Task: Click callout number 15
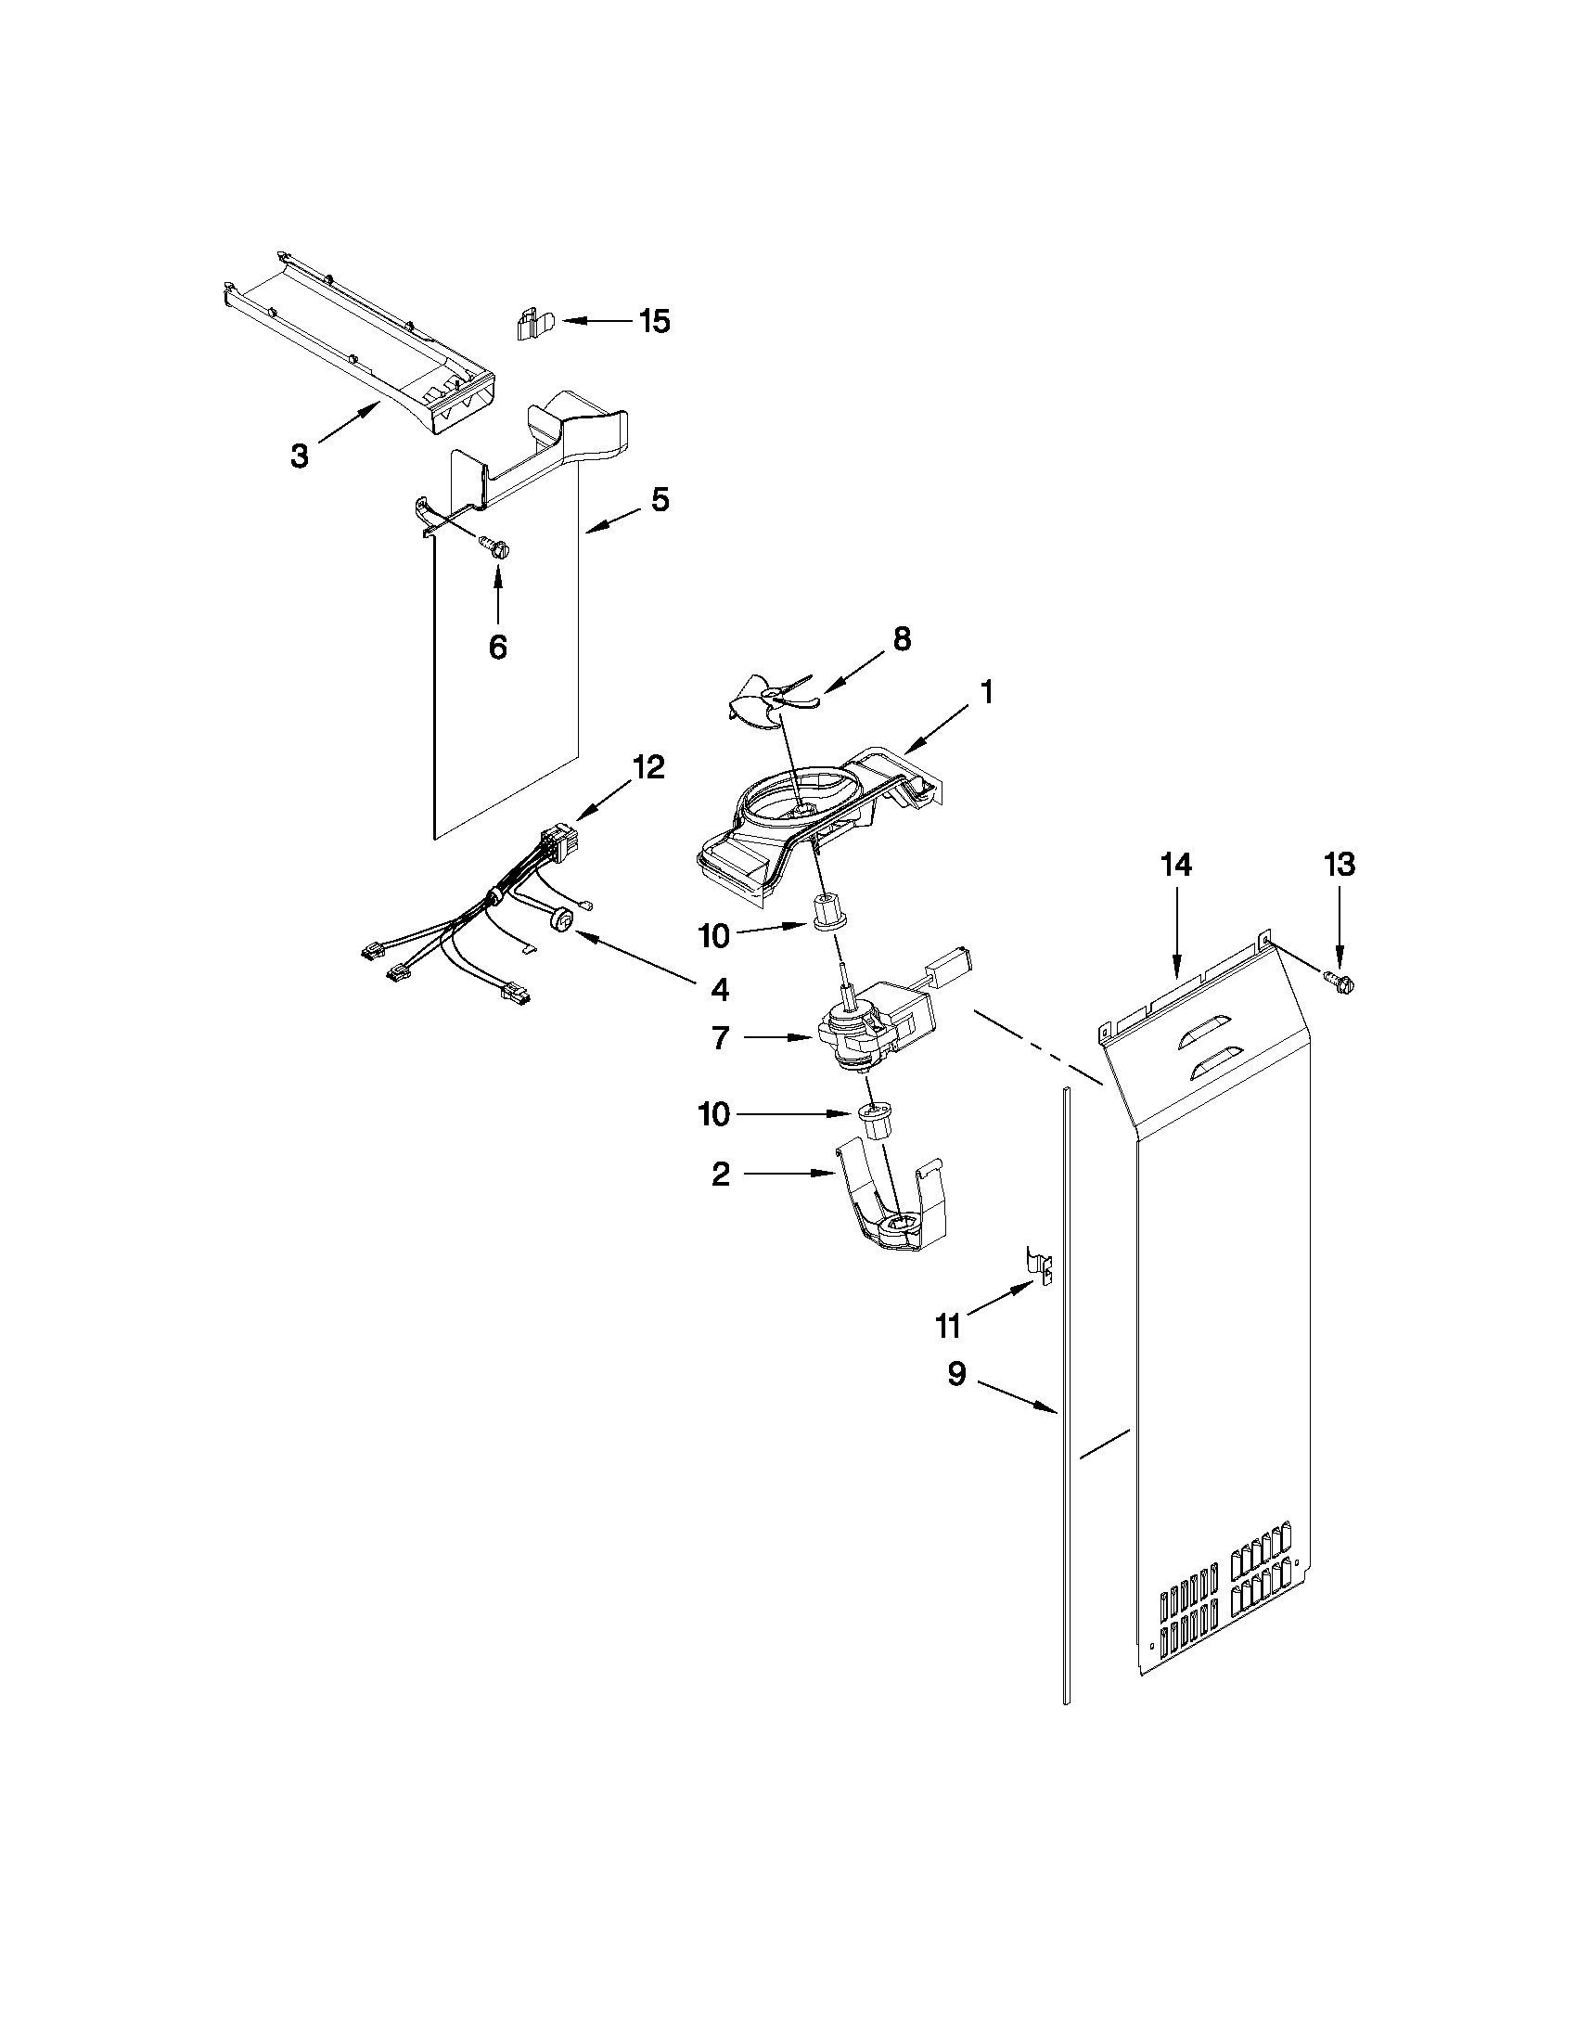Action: (654, 322)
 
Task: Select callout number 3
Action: (299, 456)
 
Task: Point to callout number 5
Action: (660, 500)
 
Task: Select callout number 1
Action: (987, 693)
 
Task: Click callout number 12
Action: (648, 767)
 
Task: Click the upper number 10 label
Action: (714, 935)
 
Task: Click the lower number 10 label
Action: (714, 1114)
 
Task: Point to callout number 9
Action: (955, 1374)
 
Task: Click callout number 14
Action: (1176, 866)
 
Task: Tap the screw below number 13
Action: (1341, 980)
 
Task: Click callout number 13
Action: (1339, 865)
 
